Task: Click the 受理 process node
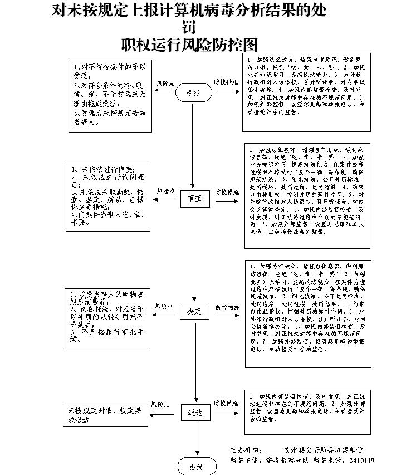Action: (194, 93)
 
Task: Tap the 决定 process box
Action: (194, 311)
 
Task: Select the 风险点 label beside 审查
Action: (165, 192)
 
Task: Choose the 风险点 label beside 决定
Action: (164, 306)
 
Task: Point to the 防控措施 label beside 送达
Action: (227, 403)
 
